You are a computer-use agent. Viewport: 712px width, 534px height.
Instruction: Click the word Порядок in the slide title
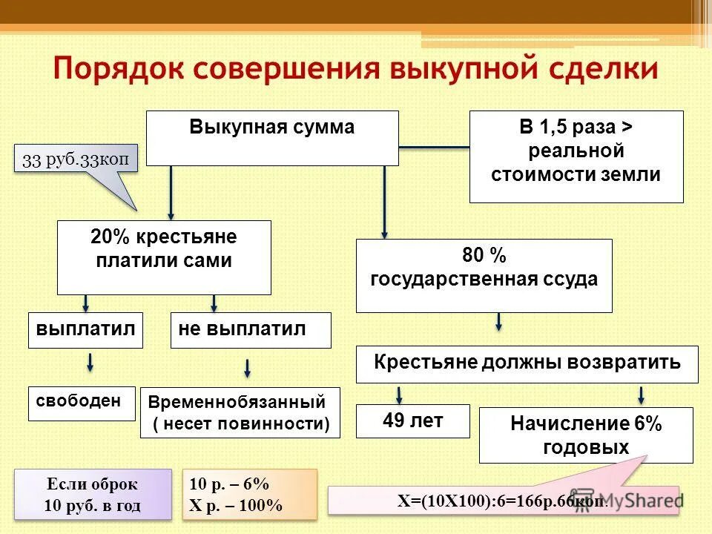click(119, 69)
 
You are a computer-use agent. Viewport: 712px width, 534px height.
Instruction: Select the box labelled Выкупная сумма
click(272, 138)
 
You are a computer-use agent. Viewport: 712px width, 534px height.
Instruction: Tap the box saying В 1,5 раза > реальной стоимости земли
click(576, 156)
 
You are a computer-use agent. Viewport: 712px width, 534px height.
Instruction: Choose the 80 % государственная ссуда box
click(484, 275)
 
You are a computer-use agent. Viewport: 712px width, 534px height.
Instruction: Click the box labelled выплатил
click(86, 330)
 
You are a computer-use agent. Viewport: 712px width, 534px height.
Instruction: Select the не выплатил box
click(251, 330)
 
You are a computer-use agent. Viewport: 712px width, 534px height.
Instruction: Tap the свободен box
click(82, 403)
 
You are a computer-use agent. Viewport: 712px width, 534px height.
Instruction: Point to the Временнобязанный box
click(240, 413)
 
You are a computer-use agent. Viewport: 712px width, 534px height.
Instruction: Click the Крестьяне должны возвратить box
click(527, 363)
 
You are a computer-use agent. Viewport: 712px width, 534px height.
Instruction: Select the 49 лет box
click(413, 421)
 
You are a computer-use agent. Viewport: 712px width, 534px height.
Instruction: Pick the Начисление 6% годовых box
click(586, 435)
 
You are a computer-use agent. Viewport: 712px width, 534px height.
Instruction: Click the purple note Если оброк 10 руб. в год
click(92, 495)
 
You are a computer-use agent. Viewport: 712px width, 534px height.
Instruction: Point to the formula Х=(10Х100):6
click(503, 500)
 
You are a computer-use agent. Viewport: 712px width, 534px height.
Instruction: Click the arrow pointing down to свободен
click(90, 363)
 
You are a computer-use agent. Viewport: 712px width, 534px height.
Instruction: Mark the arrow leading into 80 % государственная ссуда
click(384, 202)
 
